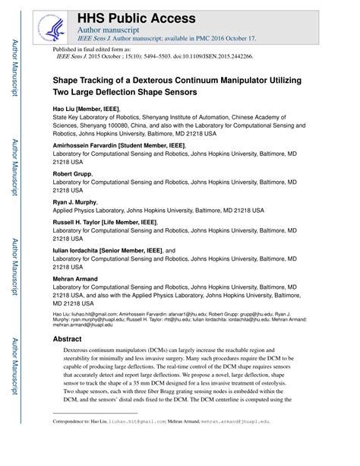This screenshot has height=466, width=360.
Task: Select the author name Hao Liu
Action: [x=66, y=109]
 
